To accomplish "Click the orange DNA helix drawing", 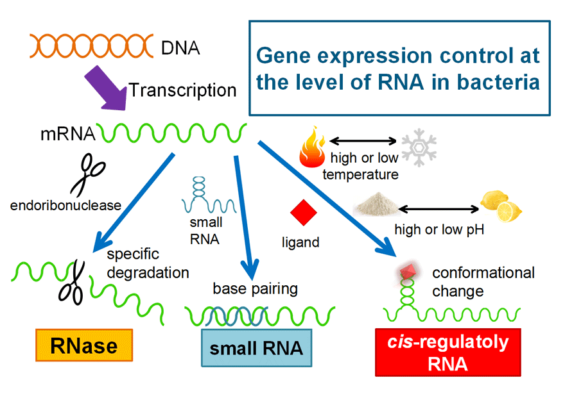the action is click(x=92, y=46).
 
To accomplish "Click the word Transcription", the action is click(x=183, y=90).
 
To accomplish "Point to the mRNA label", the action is click(x=68, y=134).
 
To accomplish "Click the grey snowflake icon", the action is click(x=419, y=147).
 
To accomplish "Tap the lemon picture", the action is click(x=501, y=206).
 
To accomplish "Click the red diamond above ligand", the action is click(x=304, y=213).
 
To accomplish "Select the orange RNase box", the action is click(x=84, y=345).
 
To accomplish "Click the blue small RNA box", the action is click(x=257, y=347).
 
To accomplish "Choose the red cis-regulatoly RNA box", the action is click(x=448, y=352).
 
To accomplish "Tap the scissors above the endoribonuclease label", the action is click(x=89, y=175).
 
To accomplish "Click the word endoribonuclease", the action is click(x=65, y=206).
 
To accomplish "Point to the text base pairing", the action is click(x=255, y=288).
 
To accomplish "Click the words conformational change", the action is click(x=483, y=282).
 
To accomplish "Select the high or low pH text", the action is click(x=439, y=229).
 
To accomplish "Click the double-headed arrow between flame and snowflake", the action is click(x=363, y=141).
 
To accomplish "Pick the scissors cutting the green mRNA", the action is click(x=72, y=283).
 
